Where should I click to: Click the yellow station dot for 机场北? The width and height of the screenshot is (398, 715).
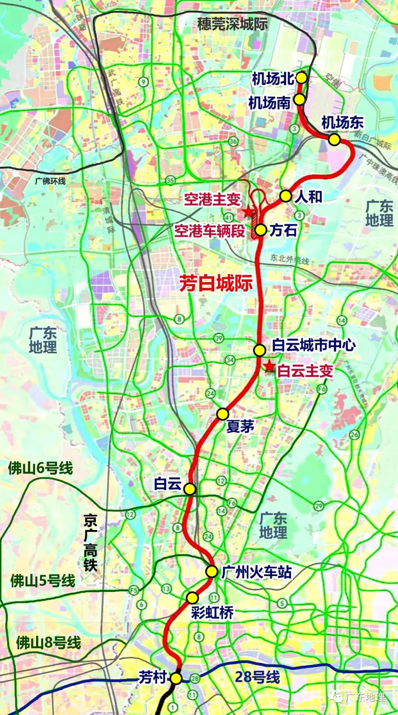click(301, 78)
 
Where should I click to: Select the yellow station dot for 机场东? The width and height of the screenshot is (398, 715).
click(334, 140)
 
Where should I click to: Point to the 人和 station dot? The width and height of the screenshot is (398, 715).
click(286, 196)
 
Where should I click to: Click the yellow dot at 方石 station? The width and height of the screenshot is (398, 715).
click(261, 230)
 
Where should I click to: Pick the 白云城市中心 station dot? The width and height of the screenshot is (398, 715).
click(259, 350)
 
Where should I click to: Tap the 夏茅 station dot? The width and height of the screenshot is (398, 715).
click(223, 414)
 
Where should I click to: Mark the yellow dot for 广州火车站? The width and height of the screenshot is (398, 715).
click(212, 571)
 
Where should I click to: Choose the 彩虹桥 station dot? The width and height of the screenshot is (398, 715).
click(192, 597)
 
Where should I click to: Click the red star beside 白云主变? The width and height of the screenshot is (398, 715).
click(269, 367)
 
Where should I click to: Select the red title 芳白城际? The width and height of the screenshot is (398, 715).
click(216, 283)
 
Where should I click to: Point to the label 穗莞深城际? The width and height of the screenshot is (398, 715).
click(232, 24)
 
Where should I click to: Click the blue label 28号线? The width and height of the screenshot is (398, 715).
click(257, 677)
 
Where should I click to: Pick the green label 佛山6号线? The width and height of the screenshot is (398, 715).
click(41, 469)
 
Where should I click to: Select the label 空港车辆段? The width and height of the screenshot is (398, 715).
click(209, 231)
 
